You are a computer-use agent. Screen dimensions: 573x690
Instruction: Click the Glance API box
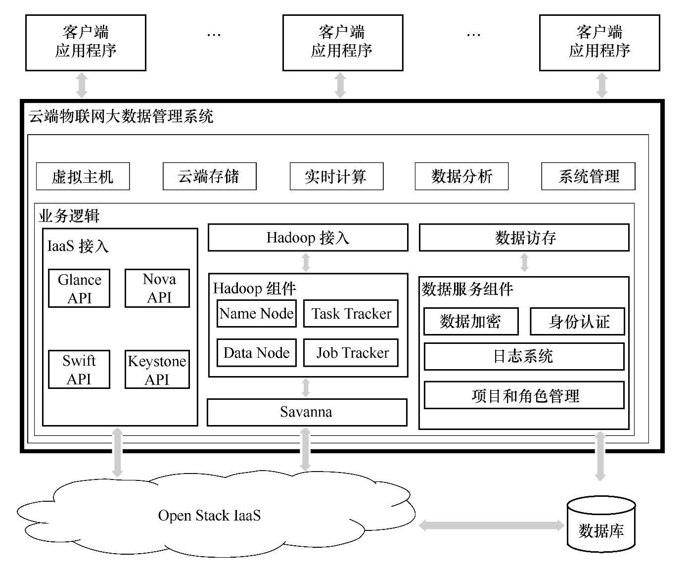[x=79, y=288]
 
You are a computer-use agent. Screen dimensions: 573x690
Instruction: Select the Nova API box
[x=157, y=288]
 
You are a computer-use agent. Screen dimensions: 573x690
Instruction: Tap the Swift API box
[x=79, y=370]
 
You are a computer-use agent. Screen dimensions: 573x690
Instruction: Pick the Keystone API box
[x=157, y=370]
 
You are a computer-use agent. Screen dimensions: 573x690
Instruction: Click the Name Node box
[x=256, y=313]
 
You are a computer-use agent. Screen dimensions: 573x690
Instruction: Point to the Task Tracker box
[x=351, y=313]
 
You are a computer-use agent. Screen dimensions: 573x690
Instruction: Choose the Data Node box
[x=256, y=353]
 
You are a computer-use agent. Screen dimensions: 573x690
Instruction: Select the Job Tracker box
[x=351, y=353]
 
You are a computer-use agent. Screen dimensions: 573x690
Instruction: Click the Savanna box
[x=307, y=412]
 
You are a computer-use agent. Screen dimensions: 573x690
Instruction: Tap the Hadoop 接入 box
[x=308, y=238]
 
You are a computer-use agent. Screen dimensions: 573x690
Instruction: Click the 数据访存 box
[x=524, y=238]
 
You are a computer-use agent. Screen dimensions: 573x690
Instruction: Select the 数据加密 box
[x=471, y=322]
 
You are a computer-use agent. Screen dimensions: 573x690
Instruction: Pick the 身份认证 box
[x=578, y=322]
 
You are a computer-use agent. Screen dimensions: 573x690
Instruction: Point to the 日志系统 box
[x=524, y=356]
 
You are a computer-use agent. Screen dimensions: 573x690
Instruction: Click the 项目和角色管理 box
[x=524, y=395]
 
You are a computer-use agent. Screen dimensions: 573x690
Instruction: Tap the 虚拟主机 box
[x=83, y=176]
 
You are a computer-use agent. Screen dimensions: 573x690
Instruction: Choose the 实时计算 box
[x=336, y=176]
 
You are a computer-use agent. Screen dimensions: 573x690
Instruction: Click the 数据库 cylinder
[x=601, y=525]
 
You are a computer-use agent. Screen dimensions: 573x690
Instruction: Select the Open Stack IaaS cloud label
[x=209, y=516]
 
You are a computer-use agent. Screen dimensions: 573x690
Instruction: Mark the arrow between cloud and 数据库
[x=492, y=525]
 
